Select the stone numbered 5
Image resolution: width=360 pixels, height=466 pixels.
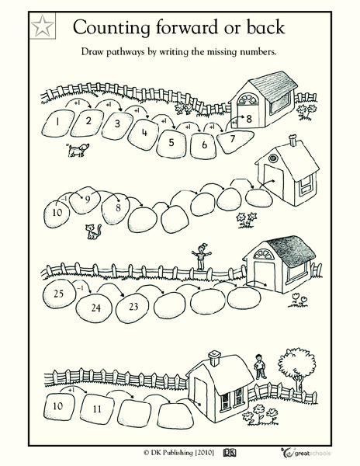pos(171,142)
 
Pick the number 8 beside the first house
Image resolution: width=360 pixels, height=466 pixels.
pos(248,120)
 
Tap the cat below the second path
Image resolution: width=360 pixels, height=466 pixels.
pos(92,230)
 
